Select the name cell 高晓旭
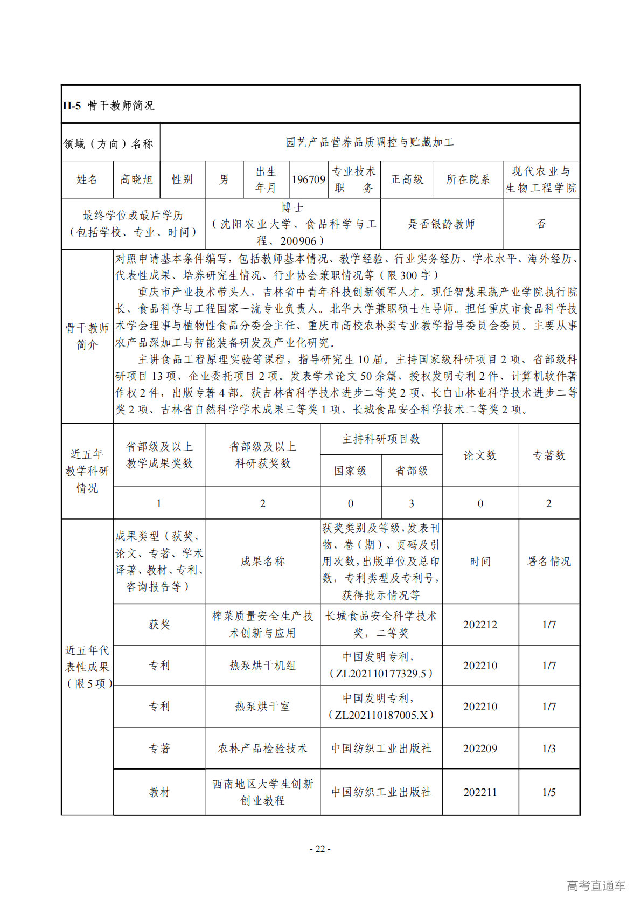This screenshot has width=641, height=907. [x=136, y=179]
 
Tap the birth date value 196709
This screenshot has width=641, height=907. [x=308, y=179]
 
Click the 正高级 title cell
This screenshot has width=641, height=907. [x=407, y=179]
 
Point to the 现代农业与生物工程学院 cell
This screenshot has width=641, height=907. [x=541, y=179]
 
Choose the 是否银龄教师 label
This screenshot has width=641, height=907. [x=441, y=224]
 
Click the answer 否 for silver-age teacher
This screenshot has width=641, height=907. [x=541, y=224]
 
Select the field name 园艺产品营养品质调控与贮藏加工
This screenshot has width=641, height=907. [x=370, y=142]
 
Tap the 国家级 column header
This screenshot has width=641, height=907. [x=350, y=471]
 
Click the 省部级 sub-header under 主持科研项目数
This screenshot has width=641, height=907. [x=412, y=471]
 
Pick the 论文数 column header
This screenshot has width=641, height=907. [x=480, y=455]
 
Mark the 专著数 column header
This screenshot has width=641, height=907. [x=549, y=455]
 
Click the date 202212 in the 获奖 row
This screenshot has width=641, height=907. [x=480, y=625]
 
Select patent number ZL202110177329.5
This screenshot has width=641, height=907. [x=381, y=674]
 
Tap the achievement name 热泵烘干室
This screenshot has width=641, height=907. [x=262, y=707]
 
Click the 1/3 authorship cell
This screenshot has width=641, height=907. [x=549, y=749]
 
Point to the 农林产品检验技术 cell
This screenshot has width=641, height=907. [x=262, y=749]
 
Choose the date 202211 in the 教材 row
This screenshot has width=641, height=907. [x=480, y=792]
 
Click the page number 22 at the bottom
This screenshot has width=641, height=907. [x=320, y=849]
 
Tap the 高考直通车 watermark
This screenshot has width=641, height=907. [x=596, y=885]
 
